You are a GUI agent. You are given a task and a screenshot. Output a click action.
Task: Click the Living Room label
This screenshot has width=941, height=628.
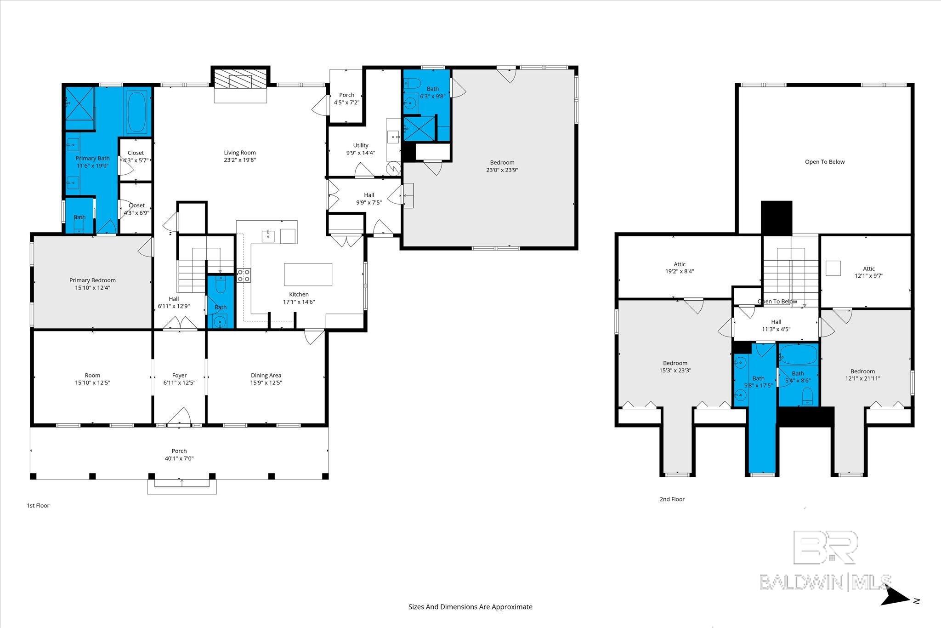[240, 156]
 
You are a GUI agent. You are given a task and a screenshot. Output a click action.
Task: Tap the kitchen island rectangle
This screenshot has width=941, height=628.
[308, 274]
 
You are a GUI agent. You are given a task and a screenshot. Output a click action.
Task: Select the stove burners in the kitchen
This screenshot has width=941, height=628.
[244, 275]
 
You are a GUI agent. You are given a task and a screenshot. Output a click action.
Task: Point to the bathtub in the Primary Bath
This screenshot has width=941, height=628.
[136, 112]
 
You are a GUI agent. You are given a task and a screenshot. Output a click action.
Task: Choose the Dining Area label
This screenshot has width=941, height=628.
[266, 379]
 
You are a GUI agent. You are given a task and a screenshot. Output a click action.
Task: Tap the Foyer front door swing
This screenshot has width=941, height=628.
[179, 417]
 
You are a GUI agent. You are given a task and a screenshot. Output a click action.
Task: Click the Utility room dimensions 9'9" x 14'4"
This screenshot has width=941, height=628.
[361, 153]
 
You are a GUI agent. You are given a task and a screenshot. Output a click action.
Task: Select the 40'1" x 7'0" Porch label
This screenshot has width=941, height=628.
[179, 455]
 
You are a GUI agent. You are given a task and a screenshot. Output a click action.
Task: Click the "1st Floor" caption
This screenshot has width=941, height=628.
[38, 505]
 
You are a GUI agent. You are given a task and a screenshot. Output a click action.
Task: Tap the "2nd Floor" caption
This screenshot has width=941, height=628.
[672, 499]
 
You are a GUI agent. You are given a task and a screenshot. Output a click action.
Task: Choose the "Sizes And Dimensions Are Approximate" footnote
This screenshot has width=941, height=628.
[470, 607]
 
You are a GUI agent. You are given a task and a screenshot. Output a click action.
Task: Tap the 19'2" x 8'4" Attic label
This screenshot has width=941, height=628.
[680, 268]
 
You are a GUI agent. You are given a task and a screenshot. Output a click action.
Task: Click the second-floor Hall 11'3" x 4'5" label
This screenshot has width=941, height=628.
[776, 325]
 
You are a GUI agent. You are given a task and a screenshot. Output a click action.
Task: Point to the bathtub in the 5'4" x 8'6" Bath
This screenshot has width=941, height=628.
[799, 354]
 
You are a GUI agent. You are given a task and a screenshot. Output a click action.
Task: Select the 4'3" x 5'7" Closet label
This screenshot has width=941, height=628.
[136, 156]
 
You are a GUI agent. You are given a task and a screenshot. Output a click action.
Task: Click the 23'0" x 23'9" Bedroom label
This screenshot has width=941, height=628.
[502, 166]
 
